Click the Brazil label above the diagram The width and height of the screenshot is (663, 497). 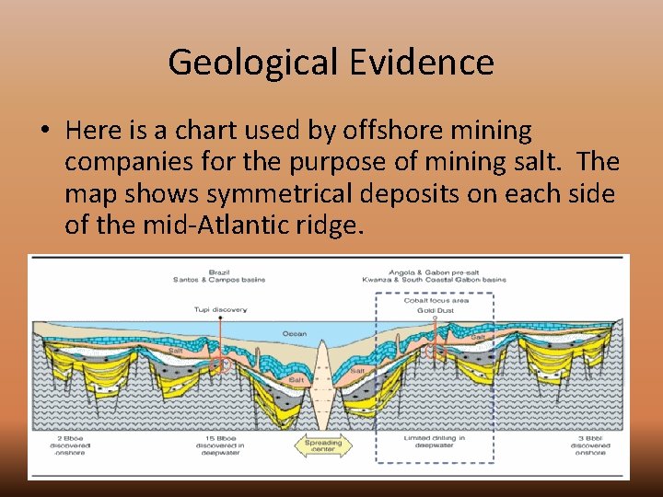point(219,272)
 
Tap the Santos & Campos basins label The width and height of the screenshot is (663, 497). point(219,280)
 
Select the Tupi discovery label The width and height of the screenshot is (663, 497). point(220,310)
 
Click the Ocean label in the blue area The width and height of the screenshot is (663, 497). point(295,333)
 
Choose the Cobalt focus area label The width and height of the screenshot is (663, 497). point(435,301)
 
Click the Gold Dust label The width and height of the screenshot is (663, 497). point(435,311)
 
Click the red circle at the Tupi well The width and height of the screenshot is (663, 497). point(219,364)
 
